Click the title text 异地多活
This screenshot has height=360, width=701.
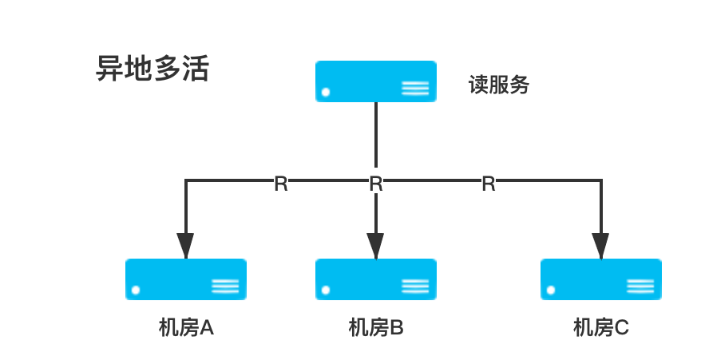tap(152, 69)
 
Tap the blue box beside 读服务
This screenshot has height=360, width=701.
tap(376, 81)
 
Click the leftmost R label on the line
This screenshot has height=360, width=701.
tap(281, 183)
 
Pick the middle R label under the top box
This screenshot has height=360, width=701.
tap(376, 183)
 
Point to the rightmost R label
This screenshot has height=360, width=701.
tap(489, 183)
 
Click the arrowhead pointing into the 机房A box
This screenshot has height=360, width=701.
tap(185, 246)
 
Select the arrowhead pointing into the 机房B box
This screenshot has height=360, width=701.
tap(376, 246)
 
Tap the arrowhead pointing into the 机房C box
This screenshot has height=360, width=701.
tap(600, 246)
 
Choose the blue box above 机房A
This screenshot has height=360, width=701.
tap(186, 279)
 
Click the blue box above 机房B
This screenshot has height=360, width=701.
tap(376, 279)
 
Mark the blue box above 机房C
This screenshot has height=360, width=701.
tap(601, 279)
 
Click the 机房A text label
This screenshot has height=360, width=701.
tap(186, 327)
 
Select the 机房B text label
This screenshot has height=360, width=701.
tap(376, 327)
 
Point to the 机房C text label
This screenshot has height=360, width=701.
tap(601, 327)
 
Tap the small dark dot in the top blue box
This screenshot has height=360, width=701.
tap(324, 93)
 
